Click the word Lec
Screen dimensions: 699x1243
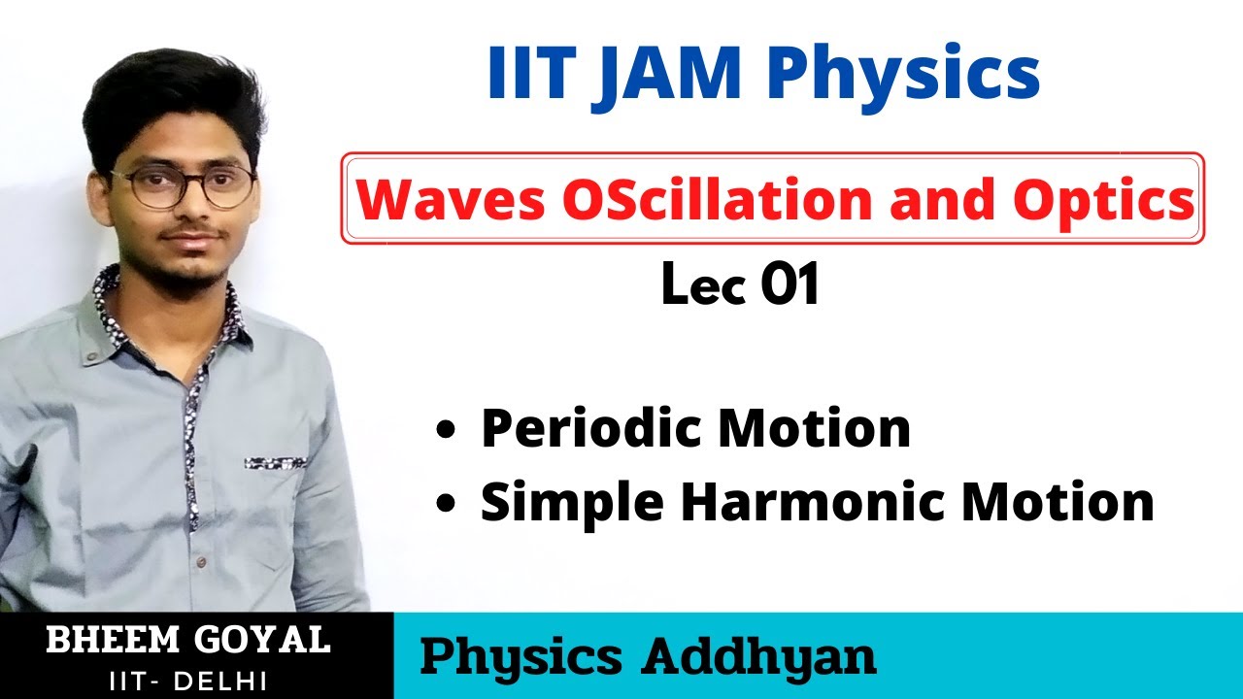click(702, 286)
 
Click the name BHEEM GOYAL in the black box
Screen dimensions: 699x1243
click(187, 641)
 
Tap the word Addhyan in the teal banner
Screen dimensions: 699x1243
click(759, 657)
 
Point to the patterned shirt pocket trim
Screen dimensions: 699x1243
click(276, 463)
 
